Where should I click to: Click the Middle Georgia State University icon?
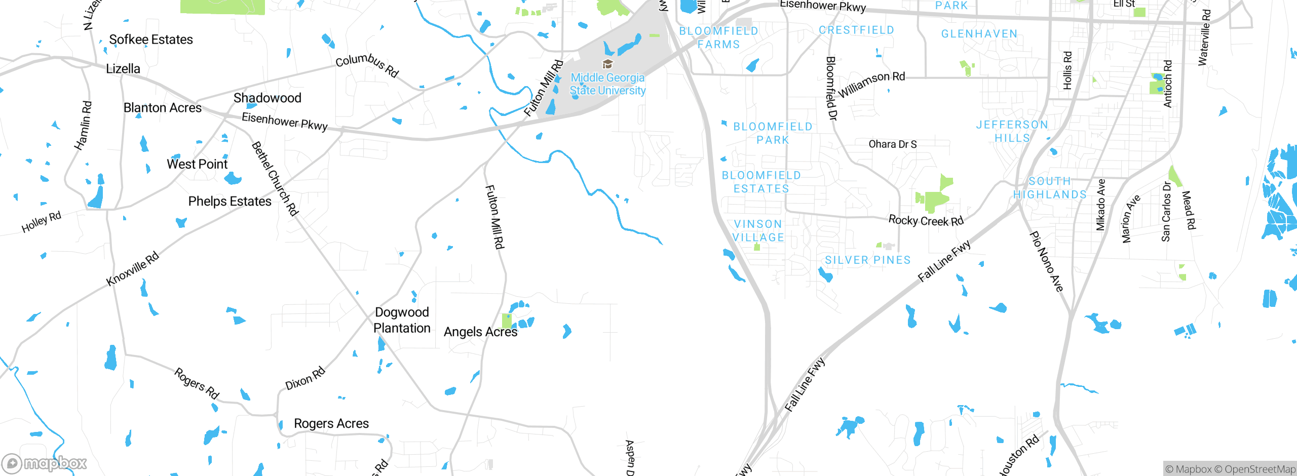pos(607,64)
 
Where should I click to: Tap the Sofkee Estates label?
pos(151,39)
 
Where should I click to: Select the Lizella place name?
pos(123,68)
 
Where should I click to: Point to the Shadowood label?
pos(268,98)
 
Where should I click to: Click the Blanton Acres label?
pos(163,108)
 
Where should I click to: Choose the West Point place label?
pos(197,164)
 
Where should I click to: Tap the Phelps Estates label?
pos(230,201)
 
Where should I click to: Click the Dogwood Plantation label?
pos(402,320)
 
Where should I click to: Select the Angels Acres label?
pos(480,332)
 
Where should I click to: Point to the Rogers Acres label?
pos(331,423)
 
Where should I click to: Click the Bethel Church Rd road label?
pos(274,179)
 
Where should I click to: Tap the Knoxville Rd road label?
pos(132,268)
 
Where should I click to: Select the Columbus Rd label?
pos(367,65)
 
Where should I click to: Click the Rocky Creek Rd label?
pos(926,221)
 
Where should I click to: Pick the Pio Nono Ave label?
pos(1046,262)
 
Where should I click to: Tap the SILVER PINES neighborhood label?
pos(868,260)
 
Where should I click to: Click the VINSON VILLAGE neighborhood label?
pos(758,230)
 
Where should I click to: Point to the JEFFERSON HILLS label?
pos(1012,131)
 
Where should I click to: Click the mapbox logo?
pos(45,463)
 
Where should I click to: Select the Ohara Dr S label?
pos(893,144)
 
